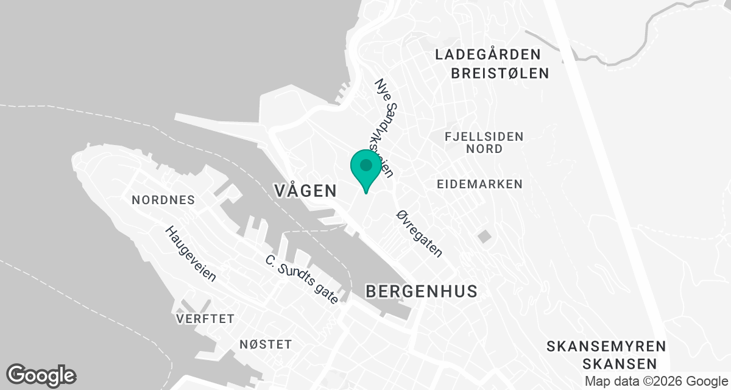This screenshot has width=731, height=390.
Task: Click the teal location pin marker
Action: (365, 170)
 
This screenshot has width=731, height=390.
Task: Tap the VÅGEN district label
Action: (305, 191)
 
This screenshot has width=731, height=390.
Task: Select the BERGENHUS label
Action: (422, 291)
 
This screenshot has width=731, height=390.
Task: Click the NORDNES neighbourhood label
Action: (163, 200)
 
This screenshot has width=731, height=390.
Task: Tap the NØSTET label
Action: (266, 345)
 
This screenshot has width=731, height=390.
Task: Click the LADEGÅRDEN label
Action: (488, 54)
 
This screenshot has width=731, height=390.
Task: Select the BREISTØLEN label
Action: (500, 74)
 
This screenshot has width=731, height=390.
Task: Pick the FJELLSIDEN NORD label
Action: (484, 142)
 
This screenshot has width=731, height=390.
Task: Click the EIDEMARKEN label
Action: (480, 183)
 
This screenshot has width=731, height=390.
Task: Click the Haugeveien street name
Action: (191, 254)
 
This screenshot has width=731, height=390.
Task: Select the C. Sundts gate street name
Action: (302, 279)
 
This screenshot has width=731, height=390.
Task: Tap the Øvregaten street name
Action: (419, 233)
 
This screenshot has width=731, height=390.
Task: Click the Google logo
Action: (41, 375)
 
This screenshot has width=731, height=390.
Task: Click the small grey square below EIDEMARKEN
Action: (484, 236)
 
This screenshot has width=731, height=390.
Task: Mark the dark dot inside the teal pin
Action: (365, 165)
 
